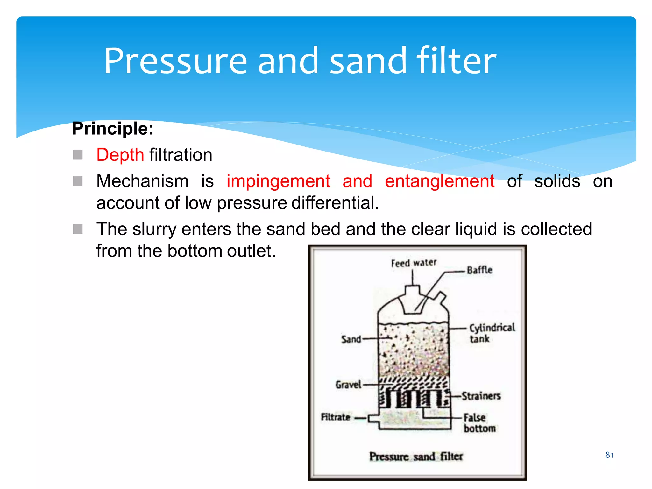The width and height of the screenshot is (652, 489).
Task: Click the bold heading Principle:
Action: [x=113, y=129]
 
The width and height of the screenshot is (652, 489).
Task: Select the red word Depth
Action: [x=120, y=155]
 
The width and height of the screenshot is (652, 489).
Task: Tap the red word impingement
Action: [x=278, y=181]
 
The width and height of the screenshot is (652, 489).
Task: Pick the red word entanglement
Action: [x=439, y=181]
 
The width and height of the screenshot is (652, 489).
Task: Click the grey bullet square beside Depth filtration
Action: [x=78, y=155]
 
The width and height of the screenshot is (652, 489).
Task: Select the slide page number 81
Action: [x=609, y=455]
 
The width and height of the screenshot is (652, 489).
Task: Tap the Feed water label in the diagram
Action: [x=414, y=263]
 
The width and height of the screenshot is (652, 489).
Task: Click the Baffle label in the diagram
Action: [x=479, y=270]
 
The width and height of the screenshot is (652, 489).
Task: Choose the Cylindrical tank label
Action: [x=492, y=333]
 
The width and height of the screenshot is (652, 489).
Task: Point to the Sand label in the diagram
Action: [x=351, y=339]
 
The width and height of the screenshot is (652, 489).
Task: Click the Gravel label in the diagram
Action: [x=348, y=385]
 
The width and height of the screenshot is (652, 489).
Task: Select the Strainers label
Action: [x=481, y=396]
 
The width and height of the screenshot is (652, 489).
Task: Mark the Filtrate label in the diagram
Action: [x=336, y=417]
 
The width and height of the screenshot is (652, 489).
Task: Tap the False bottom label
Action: [x=479, y=423]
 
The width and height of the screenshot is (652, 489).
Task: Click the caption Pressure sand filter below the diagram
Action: [x=416, y=457]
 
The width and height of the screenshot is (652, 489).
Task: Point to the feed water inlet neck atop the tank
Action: [x=412, y=291]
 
